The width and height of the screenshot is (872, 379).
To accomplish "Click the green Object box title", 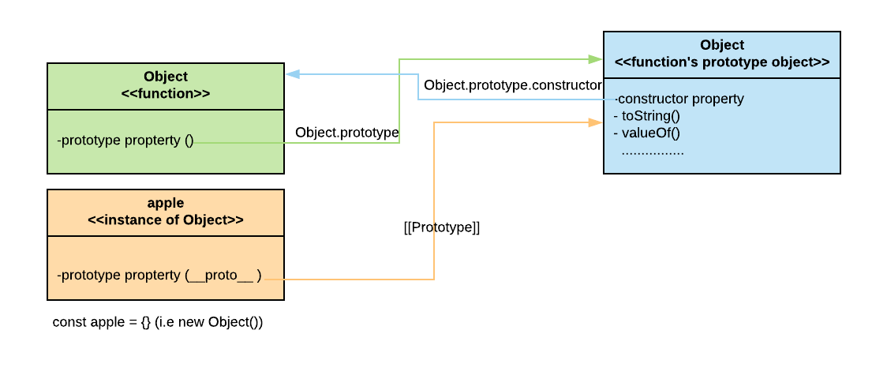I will pos(166,77).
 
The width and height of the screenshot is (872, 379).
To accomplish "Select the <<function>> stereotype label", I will pos(166,93).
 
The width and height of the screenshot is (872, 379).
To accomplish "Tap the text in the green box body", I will pos(125,141).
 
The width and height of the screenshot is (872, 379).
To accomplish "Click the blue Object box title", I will pos(722,45).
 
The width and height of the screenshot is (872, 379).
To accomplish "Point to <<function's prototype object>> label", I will pos(722,62).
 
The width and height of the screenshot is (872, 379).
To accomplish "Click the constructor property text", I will pos(679,99).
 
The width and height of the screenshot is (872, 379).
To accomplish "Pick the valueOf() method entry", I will pos(646,132).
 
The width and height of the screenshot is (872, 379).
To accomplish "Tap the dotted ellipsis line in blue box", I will pos(653,151).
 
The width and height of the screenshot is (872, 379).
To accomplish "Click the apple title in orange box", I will pos(166,203).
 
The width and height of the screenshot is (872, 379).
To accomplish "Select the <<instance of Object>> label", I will pos(166,220).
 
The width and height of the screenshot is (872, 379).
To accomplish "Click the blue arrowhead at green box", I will pos(292,74).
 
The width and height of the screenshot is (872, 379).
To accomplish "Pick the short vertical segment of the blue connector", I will pos(417,87).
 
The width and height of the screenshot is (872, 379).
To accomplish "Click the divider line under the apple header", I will pos(166,236).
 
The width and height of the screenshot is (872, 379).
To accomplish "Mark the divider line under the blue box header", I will pos(722,78).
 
